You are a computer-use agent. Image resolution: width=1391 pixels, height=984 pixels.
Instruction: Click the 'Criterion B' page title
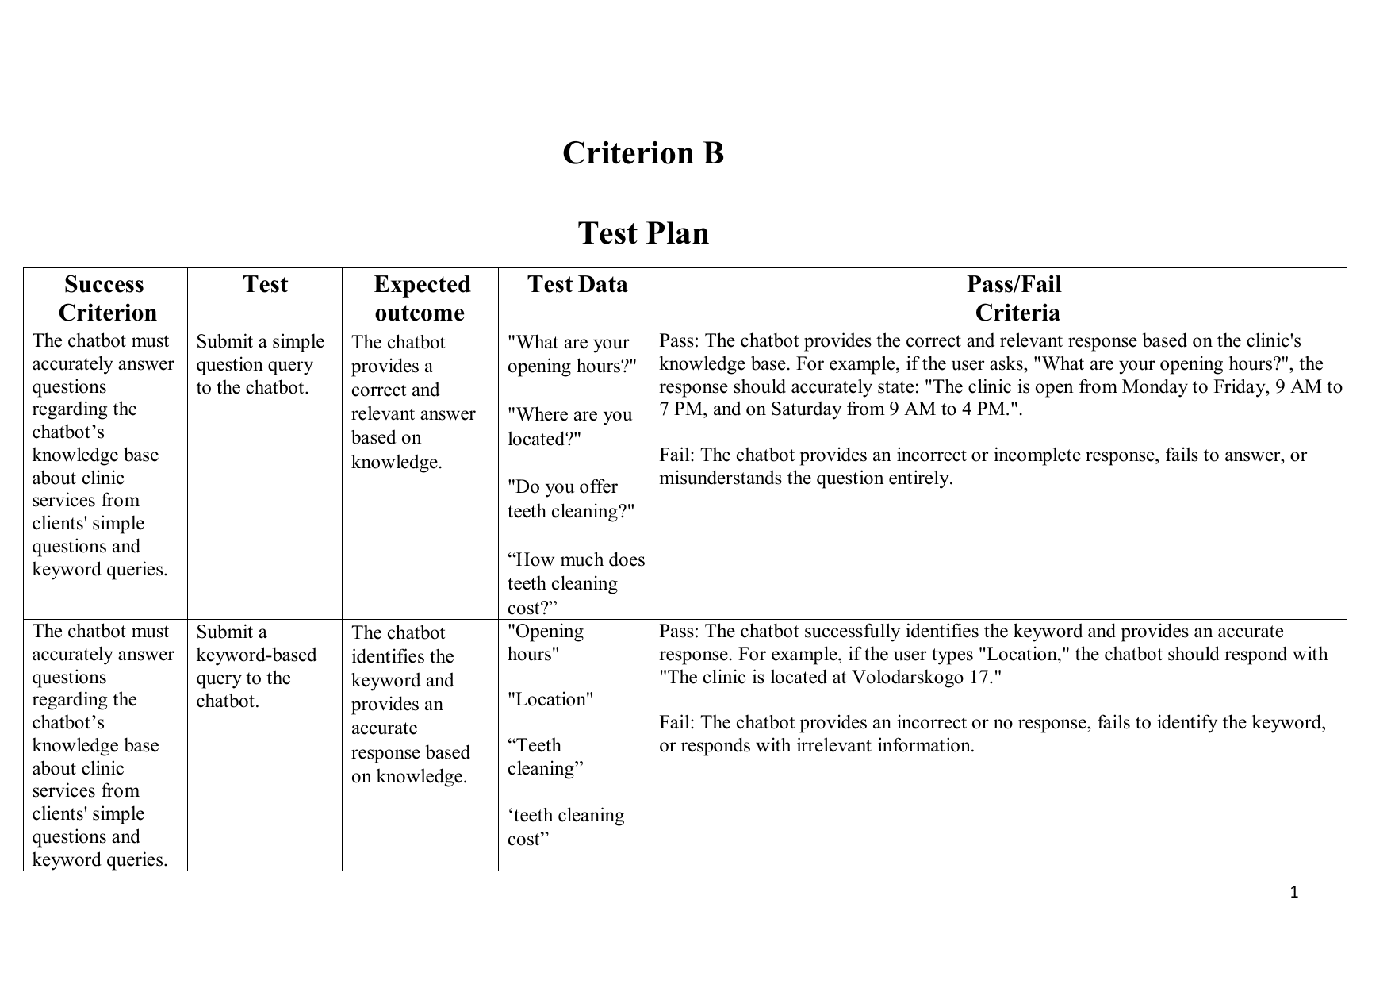coord(642,153)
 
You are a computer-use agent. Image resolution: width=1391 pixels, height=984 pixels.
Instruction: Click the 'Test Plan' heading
coord(642,233)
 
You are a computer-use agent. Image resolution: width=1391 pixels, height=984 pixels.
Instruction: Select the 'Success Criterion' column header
coord(105,298)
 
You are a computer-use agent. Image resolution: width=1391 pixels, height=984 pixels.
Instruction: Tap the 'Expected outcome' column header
coord(420,298)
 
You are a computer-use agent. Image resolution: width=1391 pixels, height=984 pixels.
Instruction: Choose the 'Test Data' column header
coord(577,285)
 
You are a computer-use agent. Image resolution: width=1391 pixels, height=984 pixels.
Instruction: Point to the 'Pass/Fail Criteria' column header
coord(1015,298)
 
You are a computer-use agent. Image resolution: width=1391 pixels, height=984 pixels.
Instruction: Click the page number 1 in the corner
coord(1294,893)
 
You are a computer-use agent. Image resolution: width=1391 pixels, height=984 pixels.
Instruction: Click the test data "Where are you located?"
coord(569,427)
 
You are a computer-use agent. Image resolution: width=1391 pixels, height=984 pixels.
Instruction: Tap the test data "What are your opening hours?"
coord(571,354)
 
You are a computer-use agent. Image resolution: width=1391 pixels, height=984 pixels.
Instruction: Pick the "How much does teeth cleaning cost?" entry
coord(576,584)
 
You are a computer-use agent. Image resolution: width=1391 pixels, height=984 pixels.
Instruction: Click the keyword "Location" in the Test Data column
coord(550,700)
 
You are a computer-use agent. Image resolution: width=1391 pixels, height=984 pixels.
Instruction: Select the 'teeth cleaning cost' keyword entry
coord(565,827)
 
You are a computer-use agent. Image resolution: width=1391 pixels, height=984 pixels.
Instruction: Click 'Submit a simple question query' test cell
coord(259,364)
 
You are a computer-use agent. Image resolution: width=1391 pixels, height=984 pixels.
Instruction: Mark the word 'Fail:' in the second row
coord(677,723)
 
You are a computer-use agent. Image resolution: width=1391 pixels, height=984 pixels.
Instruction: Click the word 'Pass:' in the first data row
coord(679,341)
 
